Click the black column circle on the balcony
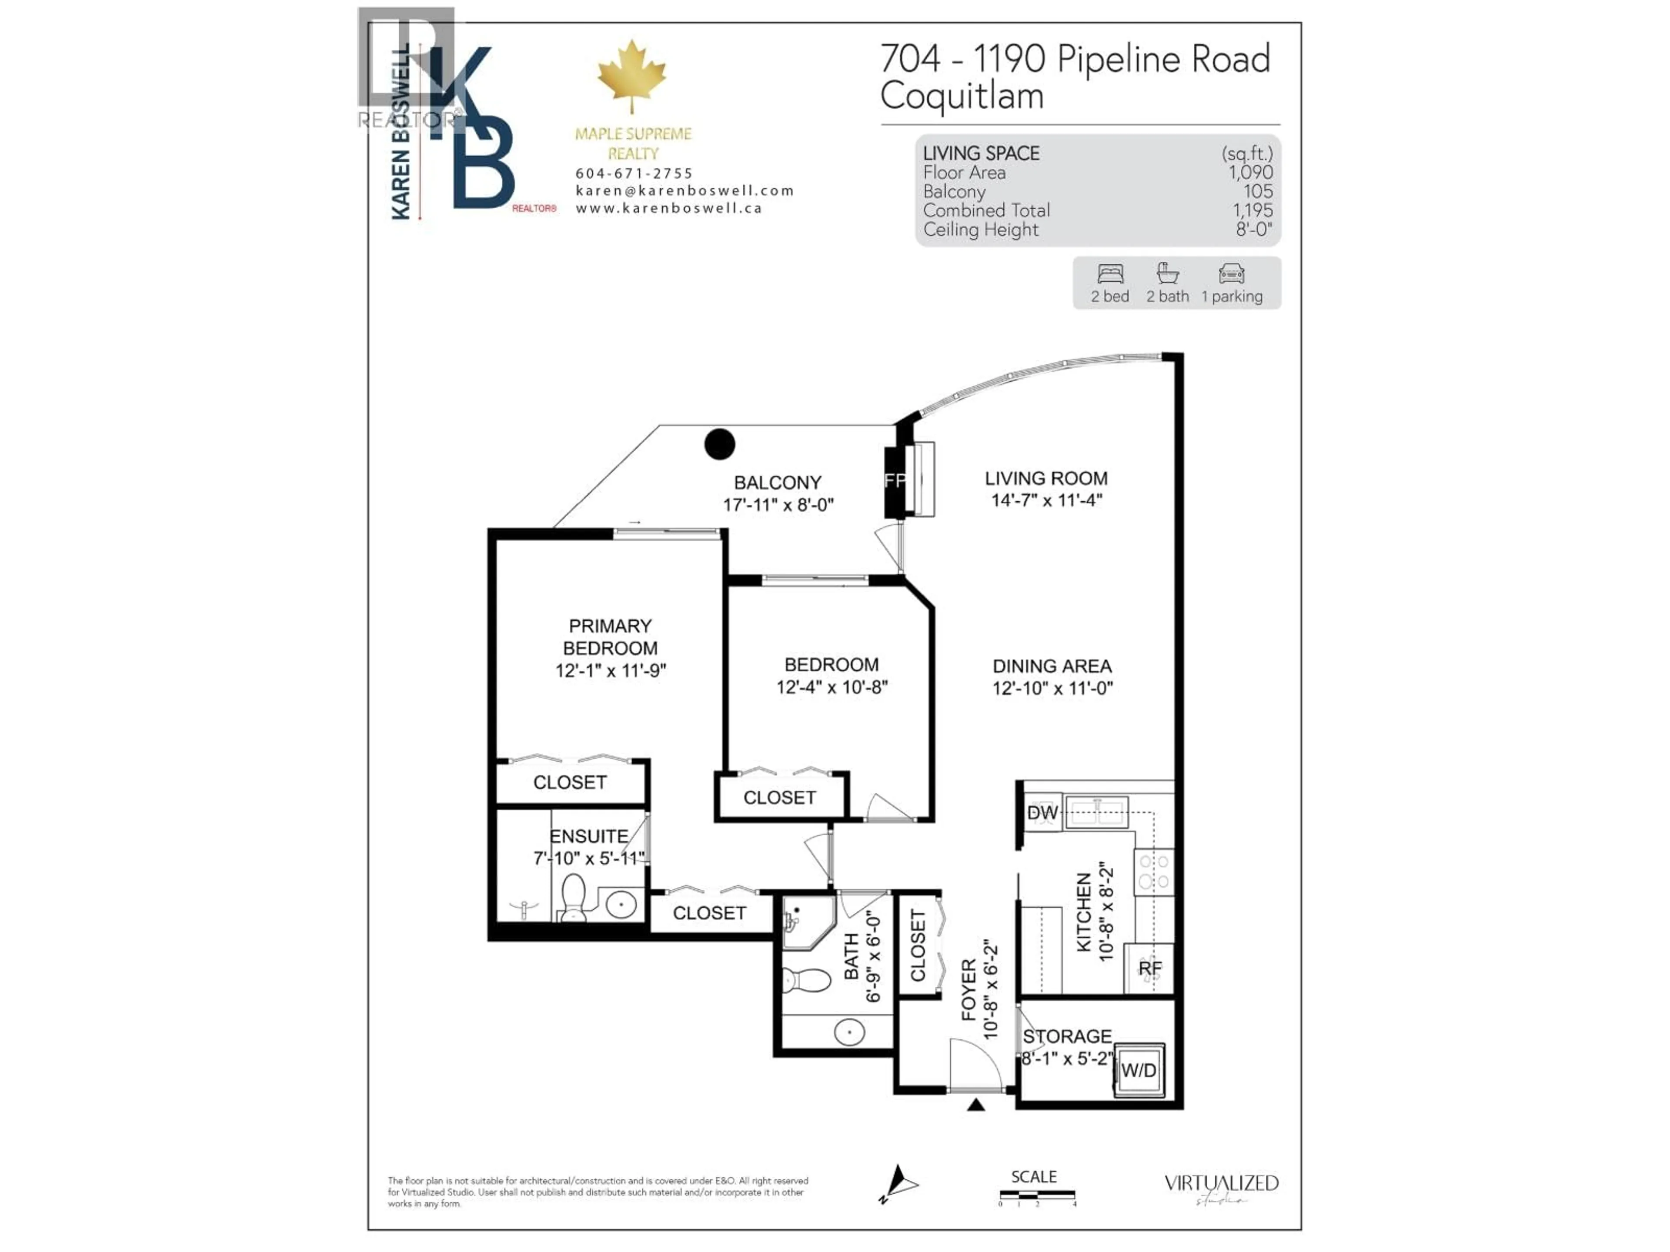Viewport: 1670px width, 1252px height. click(719, 444)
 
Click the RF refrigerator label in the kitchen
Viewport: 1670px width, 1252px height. click(1150, 968)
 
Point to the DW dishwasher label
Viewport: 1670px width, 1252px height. click(1042, 813)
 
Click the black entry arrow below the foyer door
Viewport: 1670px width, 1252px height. click(976, 1105)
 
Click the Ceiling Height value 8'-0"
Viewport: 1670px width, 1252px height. click(1253, 230)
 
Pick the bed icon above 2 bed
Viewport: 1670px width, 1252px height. click(1110, 273)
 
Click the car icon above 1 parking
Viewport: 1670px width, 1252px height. click(1231, 273)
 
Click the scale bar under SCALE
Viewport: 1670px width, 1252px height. click(1037, 1195)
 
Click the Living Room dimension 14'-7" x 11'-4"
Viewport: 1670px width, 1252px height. click(1046, 499)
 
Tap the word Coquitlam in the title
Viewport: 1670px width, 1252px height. click(962, 96)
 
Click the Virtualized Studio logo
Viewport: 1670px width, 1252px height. click(1221, 1185)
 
